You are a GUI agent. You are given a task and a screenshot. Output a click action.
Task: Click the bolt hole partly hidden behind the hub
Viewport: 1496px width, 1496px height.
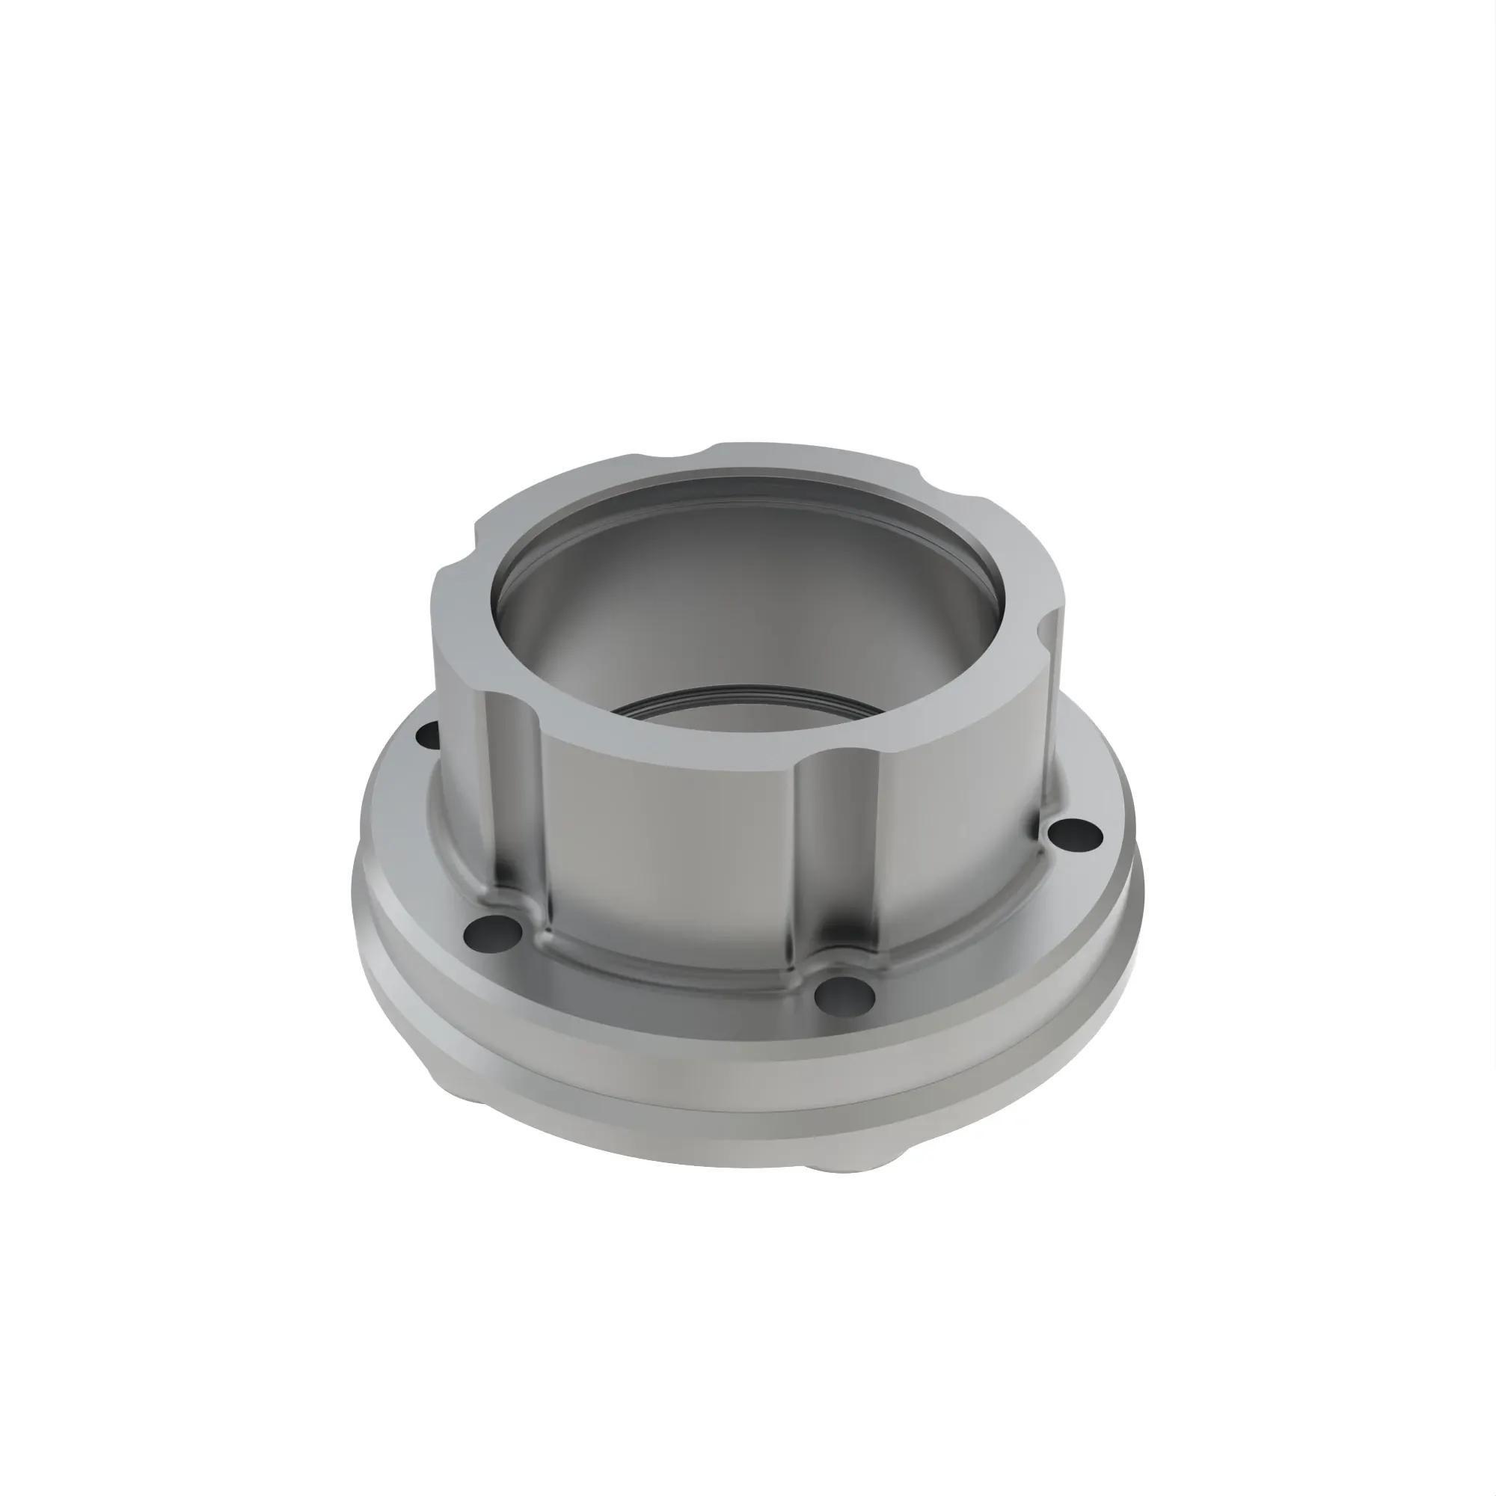tap(426, 735)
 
